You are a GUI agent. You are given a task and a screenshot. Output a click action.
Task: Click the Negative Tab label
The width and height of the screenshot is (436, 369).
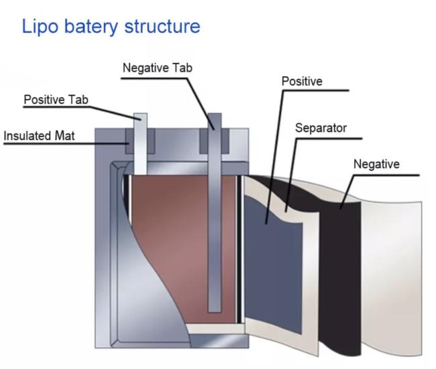158,68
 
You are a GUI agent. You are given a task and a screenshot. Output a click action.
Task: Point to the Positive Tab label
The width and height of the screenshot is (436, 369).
56,100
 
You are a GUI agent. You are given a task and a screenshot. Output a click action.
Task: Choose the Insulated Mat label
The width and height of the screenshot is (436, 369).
39,135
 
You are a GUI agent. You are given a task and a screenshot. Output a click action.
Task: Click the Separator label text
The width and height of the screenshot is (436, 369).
321,127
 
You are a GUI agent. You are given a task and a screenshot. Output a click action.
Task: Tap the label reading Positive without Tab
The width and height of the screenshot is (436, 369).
301,81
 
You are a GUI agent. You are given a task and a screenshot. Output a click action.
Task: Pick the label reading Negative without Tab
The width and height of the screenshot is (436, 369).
376,163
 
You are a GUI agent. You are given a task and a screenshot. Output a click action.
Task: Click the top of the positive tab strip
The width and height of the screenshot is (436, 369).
140,118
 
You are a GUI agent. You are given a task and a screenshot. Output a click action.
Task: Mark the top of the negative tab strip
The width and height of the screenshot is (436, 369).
215,117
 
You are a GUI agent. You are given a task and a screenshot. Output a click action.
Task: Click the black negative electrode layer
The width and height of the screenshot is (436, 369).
342,268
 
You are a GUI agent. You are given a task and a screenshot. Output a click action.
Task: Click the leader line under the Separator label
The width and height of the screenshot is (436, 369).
329,139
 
